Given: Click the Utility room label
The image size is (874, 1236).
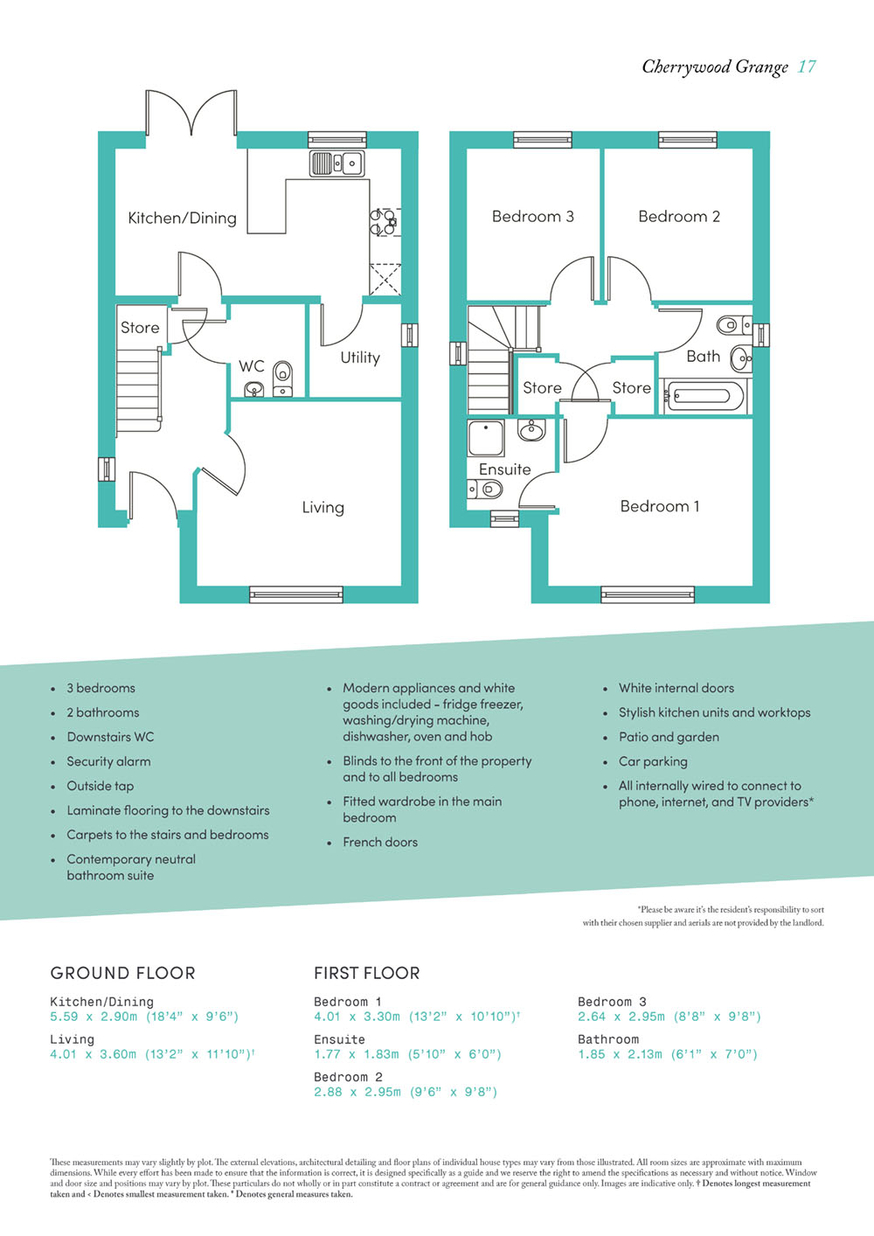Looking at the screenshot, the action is [360, 358].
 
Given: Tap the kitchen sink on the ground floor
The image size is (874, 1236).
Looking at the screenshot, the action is [337, 163].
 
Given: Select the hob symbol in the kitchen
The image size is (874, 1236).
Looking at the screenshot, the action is [384, 222].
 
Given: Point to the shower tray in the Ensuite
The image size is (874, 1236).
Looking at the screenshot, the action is [486, 438].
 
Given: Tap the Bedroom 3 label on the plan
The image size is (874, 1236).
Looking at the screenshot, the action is [533, 216].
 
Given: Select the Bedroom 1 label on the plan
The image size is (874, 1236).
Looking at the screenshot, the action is [660, 506].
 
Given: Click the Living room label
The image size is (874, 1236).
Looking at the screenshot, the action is [323, 507].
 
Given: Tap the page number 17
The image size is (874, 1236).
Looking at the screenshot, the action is [807, 66].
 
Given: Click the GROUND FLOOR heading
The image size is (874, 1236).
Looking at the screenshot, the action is [122, 973].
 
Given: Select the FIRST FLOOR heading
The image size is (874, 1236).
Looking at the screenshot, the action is [367, 973].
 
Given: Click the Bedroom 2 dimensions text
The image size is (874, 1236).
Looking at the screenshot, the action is [406, 1092].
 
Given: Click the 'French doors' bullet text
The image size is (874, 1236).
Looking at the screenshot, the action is [380, 842].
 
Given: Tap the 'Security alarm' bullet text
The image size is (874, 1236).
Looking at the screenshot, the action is [108, 761].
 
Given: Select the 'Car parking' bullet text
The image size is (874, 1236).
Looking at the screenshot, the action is [653, 762].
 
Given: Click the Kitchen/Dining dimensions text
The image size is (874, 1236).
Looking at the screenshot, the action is [144, 1017].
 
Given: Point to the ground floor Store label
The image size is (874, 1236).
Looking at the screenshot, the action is [140, 328].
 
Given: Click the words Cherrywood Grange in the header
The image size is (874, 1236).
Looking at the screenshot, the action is [715, 67].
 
